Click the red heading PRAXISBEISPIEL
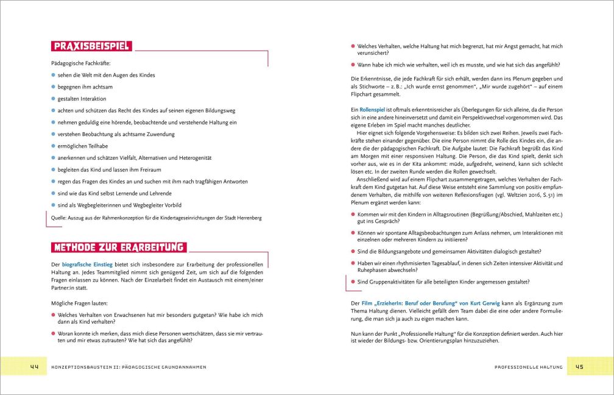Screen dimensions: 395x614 click(x=91, y=46)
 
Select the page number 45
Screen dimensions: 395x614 click(x=579, y=367)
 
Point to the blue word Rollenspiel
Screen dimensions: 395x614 click(x=374, y=109)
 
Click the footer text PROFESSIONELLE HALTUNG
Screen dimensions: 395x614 click(x=528, y=367)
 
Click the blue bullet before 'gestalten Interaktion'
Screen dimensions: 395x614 click(x=53, y=99)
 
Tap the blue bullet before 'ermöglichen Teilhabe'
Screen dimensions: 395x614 click(x=53, y=146)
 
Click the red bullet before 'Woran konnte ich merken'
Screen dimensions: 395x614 click(x=53, y=333)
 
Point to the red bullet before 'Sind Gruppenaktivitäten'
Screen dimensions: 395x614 click(x=353, y=282)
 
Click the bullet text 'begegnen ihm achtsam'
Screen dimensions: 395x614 click(x=85, y=87)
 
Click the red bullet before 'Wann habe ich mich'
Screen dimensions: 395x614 click(x=353, y=65)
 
